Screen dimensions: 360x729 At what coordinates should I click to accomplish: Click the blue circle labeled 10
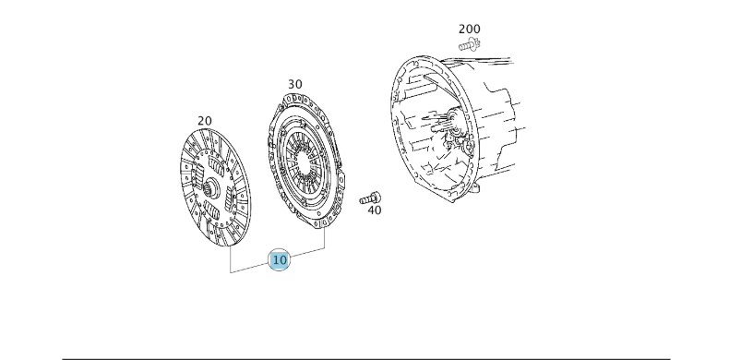point(279,260)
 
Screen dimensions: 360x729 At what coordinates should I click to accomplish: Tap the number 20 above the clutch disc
point(204,121)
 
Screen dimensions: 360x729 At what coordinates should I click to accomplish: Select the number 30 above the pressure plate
point(294,84)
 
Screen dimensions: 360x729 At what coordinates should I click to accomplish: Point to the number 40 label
point(373,210)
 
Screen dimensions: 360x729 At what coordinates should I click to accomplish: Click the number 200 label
point(469,29)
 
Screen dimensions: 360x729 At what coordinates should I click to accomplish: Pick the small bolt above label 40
point(370,196)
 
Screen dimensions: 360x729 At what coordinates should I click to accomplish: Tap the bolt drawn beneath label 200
point(470,43)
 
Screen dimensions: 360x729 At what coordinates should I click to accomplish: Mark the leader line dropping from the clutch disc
point(230,261)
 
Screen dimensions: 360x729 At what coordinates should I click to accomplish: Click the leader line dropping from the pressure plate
point(325,238)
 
